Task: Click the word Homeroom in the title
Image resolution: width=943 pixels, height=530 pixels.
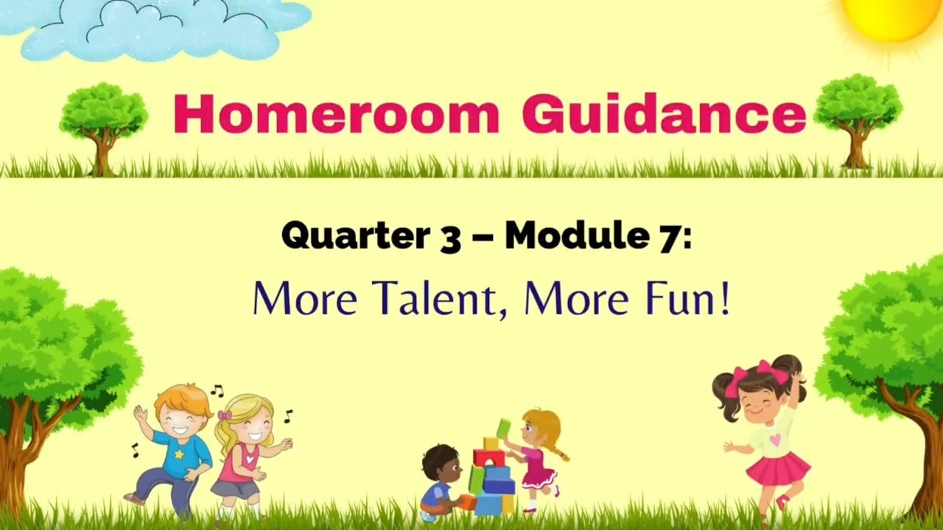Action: [336, 114]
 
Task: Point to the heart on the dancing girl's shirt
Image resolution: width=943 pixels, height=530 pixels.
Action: [774, 439]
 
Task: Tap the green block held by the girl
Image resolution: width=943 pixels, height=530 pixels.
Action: [503, 428]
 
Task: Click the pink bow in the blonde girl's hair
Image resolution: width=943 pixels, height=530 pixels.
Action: [224, 415]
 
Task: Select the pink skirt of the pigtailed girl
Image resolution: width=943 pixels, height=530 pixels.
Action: [778, 469]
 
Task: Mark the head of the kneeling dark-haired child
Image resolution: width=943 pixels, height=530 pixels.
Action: [441, 462]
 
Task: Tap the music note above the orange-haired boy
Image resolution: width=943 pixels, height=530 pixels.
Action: [217, 391]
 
